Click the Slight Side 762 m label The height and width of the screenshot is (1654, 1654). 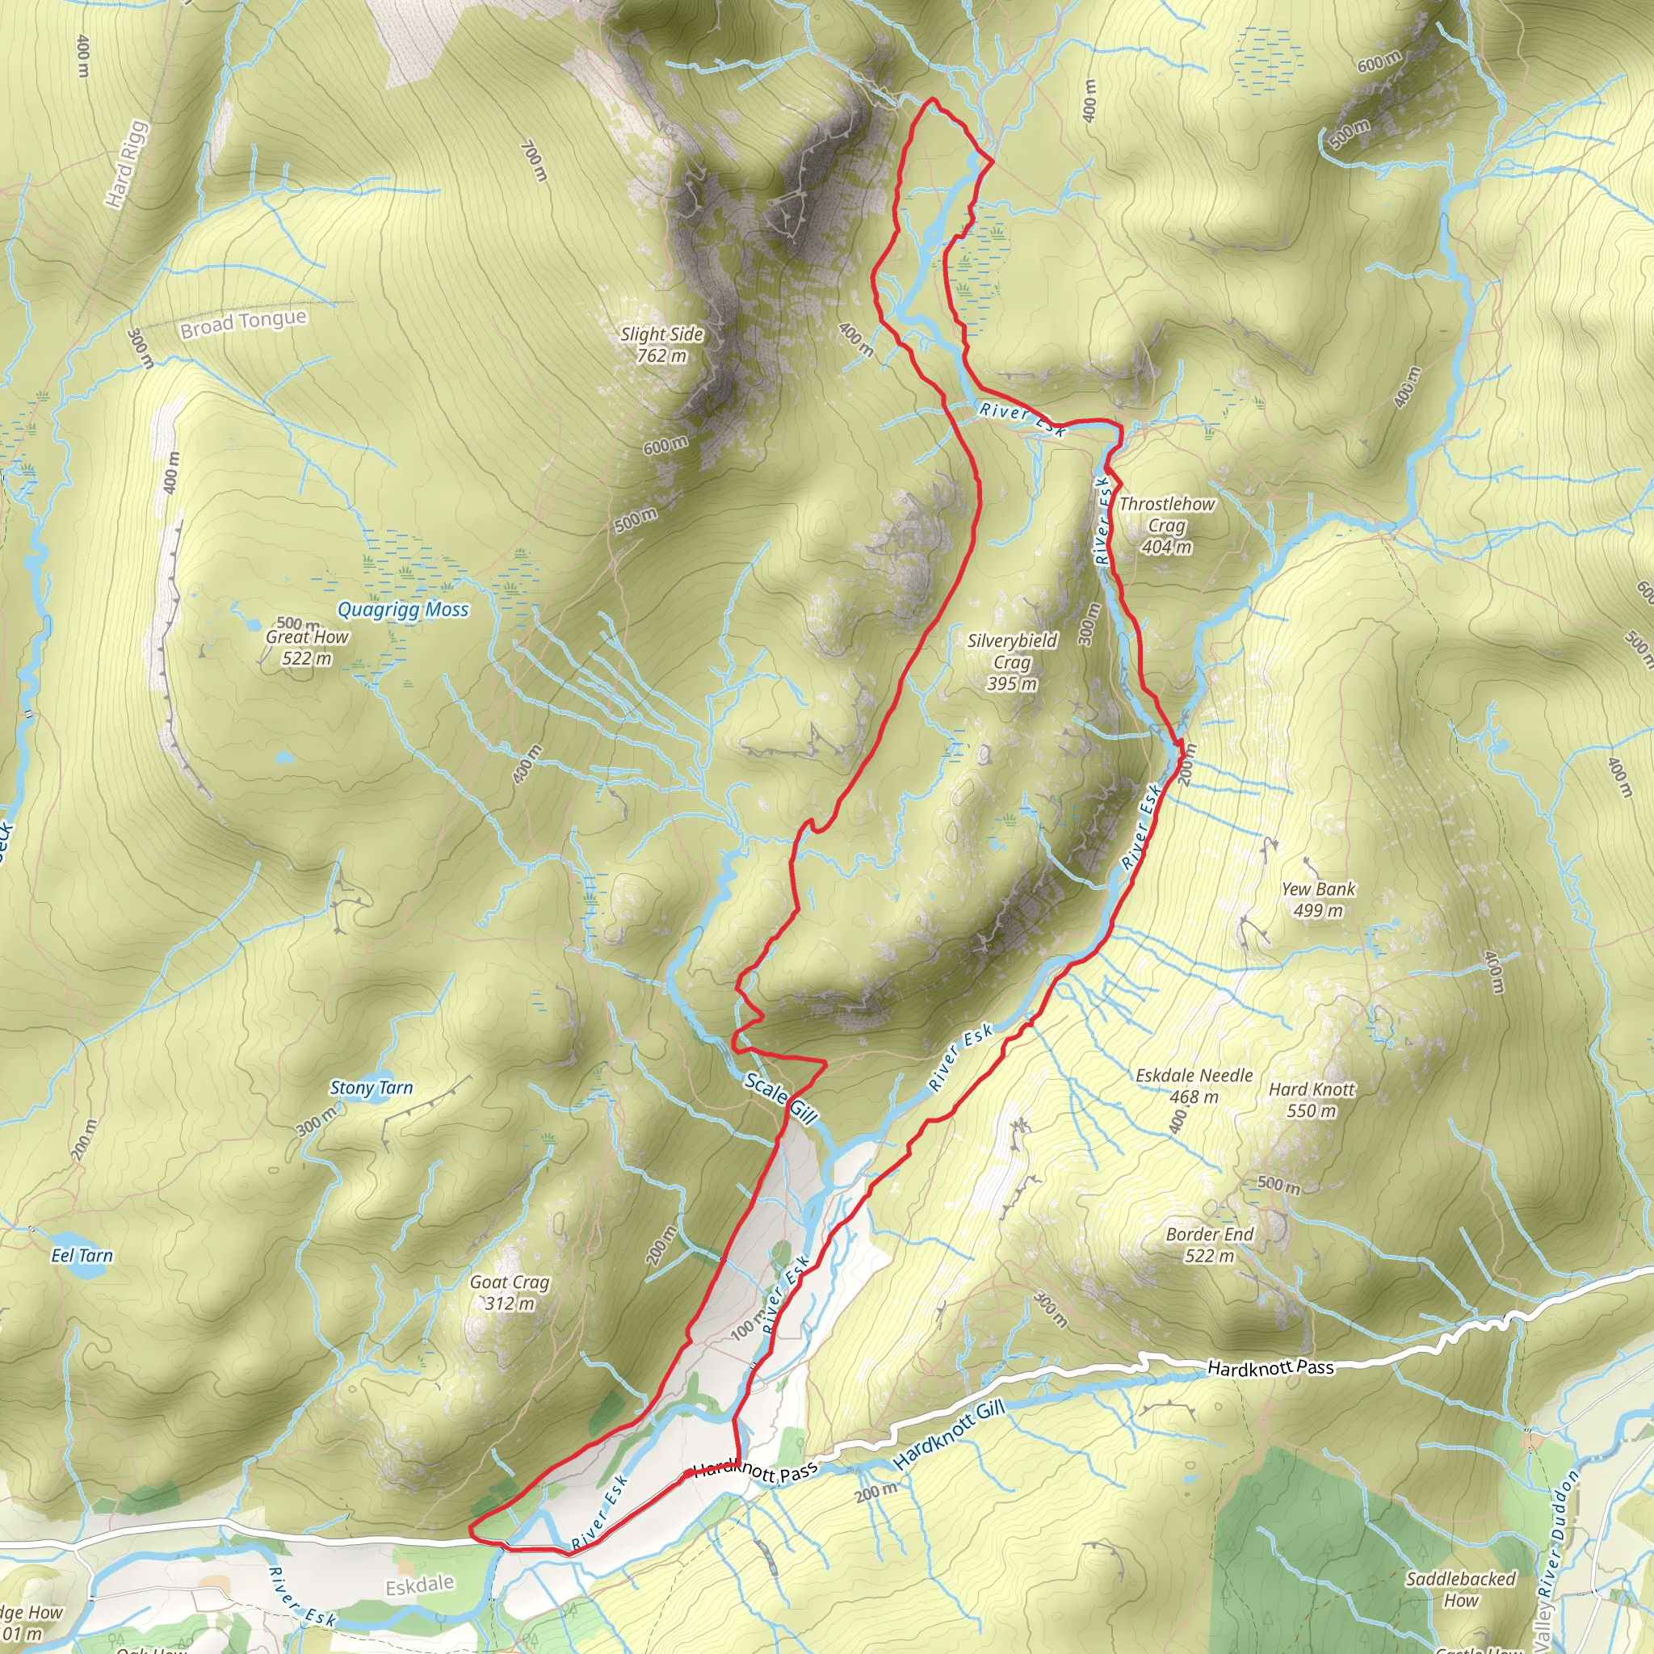(x=661, y=344)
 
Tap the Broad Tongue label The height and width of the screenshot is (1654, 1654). (x=243, y=323)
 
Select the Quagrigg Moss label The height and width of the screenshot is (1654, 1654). (x=402, y=610)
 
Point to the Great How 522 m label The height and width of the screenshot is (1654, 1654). (x=306, y=647)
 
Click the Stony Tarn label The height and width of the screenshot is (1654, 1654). (x=371, y=1088)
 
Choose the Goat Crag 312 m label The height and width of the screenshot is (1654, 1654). (x=510, y=1293)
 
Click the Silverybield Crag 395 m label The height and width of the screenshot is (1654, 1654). (x=1012, y=661)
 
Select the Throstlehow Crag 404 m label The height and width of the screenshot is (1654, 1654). (x=1166, y=525)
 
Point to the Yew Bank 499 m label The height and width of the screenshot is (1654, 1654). (x=1317, y=899)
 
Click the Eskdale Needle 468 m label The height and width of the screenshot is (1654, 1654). (x=1194, y=1085)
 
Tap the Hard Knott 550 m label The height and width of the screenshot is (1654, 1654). (x=1312, y=1100)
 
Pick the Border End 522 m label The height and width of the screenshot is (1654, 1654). (x=1209, y=1245)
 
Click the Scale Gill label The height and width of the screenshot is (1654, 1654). (x=781, y=1098)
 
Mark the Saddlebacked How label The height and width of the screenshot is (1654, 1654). (x=1460, y=1589)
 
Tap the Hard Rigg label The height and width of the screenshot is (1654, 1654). (x=127, y=165)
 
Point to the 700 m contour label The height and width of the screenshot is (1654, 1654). (x=533, y=161)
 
